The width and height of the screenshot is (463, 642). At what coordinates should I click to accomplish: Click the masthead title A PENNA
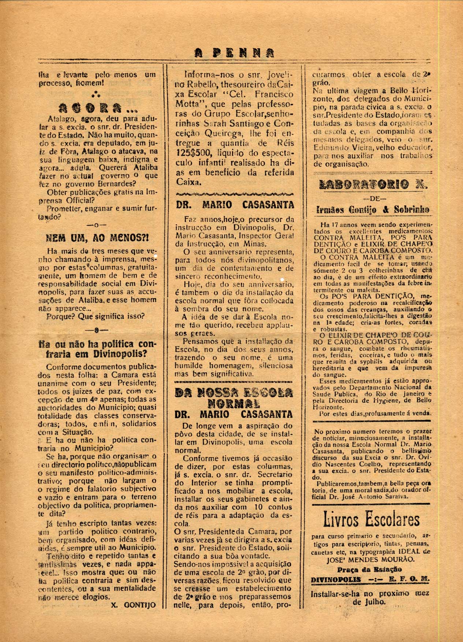(235, 53)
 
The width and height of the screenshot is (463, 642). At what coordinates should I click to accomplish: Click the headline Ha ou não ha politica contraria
(97, 349)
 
